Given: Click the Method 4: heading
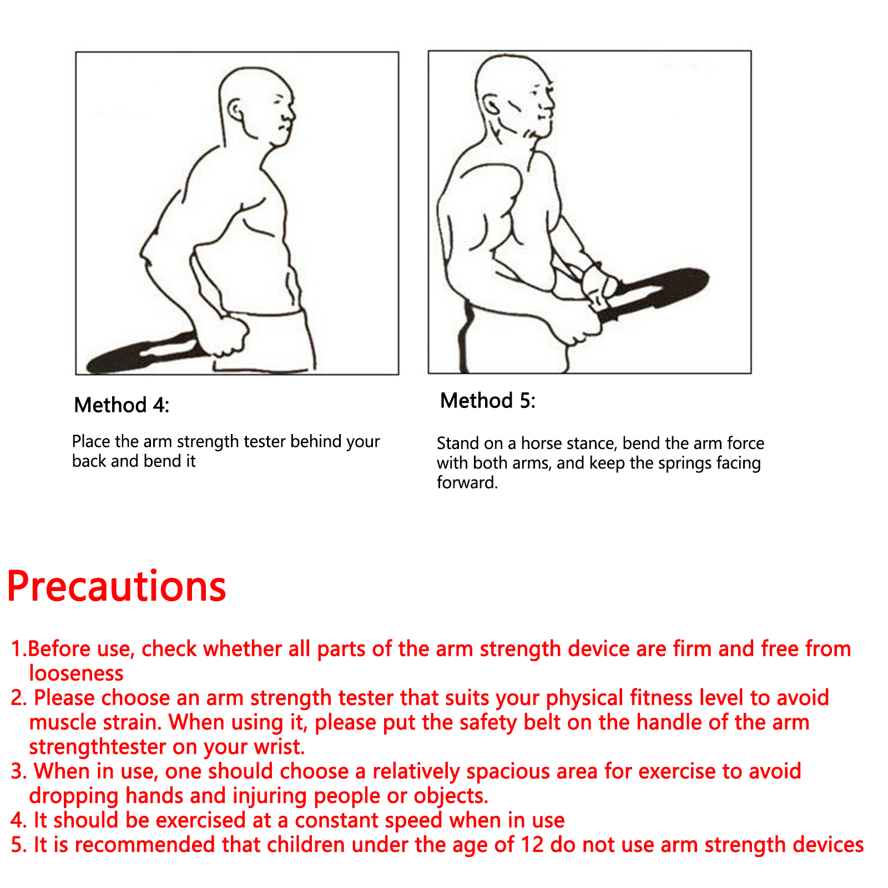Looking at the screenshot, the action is (122, 405).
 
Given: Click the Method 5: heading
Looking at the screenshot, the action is (488, 401).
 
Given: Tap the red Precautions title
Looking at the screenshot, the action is (117, 586).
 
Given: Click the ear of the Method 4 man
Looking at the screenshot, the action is (235, 110).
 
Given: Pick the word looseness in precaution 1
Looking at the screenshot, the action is (76, 673).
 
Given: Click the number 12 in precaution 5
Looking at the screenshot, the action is (532, 845).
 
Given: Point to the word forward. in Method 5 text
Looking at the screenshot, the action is (467, 482).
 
